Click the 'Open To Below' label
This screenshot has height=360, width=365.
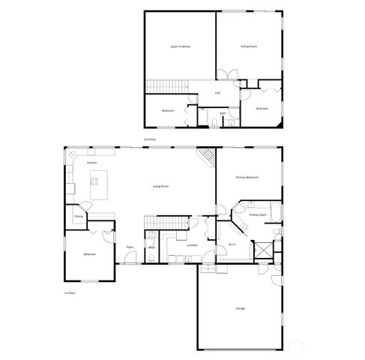(180, 47)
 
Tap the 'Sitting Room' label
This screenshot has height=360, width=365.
(249, 47)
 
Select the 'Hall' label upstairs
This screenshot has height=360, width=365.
(217, 93)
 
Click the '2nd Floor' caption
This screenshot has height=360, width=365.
(150, 139)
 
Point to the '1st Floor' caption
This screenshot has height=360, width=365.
(70, 292)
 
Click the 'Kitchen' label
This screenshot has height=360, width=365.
(91, 163)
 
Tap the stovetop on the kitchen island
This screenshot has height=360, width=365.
(95, 180)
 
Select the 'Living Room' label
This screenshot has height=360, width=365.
(160, 186)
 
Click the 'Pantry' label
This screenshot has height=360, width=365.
(78, 217)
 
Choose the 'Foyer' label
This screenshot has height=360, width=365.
(130, 246)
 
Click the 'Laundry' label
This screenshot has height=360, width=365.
(191, 244)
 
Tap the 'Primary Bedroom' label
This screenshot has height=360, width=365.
(247, 178)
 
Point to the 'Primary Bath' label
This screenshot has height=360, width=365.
(258, 214)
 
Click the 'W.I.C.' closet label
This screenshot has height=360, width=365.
(232, 244)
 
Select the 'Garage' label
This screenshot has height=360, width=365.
(241, 308)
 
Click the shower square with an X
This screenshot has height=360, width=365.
(264, 250)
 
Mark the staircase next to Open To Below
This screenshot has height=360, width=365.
(166, 85)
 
